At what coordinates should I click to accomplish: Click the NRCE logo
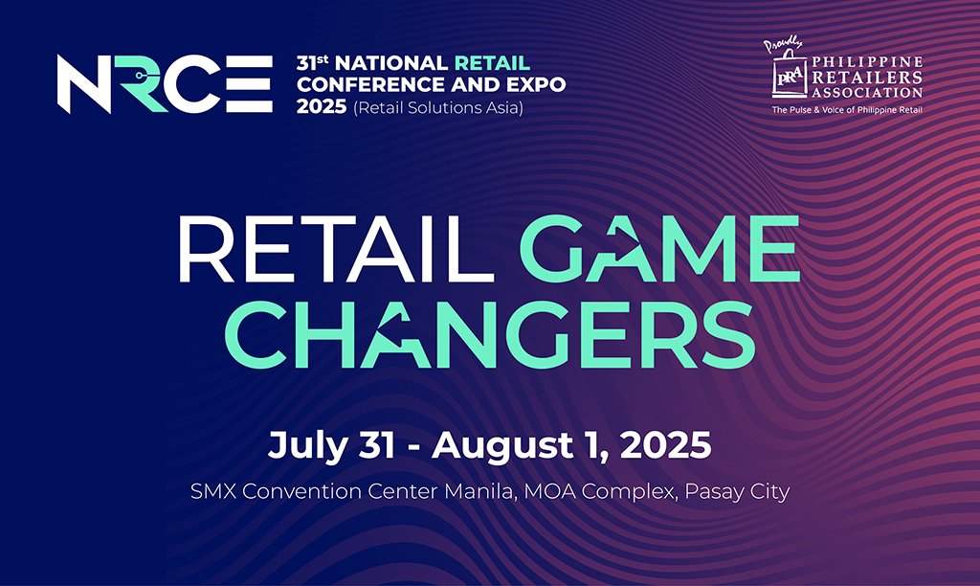point(165,84)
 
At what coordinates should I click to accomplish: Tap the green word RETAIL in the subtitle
point(492,63)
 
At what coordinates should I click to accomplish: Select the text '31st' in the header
point(313,62)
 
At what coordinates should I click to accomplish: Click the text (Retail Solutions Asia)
point(438,107)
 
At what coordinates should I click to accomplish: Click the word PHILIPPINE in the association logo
point(867,62)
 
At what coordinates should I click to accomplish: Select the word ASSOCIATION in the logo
point(867,93)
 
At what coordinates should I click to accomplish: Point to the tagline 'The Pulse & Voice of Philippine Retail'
point(847,110)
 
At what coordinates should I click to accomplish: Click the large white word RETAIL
point(329,249)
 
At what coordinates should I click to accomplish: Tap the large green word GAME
point(660,249)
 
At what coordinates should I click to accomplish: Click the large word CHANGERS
point(490,334)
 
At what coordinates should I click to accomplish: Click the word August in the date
point(502,446)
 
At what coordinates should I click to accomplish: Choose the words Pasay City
point(738,492)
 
